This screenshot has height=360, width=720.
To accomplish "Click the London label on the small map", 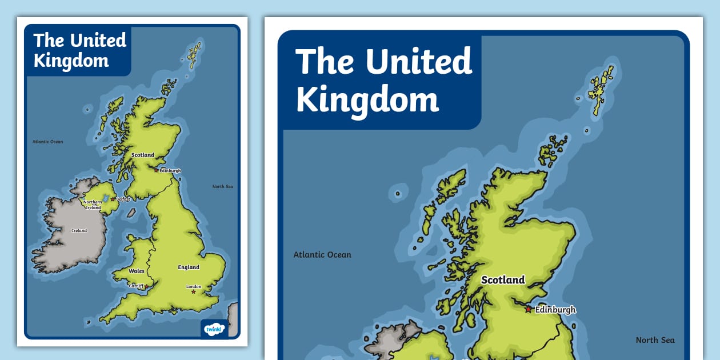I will click(194, 286).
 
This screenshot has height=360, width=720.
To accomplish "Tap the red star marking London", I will click(194, 292).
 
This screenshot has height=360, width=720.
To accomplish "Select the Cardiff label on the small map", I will click(136, 286).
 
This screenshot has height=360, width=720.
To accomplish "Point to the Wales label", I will click(137, 271).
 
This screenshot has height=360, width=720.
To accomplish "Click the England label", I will click(189, 267).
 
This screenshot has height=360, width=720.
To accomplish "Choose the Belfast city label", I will click(123, 199).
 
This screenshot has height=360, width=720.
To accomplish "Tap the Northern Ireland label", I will click(93, 205).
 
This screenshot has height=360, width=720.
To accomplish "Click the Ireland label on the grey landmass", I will click(79, 230).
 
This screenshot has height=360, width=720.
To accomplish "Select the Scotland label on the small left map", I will click(143, 155).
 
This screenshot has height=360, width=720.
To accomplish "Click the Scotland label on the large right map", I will click(503, 280).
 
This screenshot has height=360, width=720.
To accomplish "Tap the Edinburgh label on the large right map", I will click(555, 310).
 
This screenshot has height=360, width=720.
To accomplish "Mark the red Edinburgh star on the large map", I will click(529, 309).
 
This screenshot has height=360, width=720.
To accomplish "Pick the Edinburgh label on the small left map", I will click(170, 170).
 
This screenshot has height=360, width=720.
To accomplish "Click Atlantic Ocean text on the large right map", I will click(322, 255).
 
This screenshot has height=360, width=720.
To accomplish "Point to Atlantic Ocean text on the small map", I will click(47, 142).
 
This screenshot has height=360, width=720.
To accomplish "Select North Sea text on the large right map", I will click(655, 340).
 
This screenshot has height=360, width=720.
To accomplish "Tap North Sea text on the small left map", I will click(222, 186).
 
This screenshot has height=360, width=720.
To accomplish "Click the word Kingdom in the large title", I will click(367, 101).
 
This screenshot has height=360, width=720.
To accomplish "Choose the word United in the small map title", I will click(98, 41).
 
